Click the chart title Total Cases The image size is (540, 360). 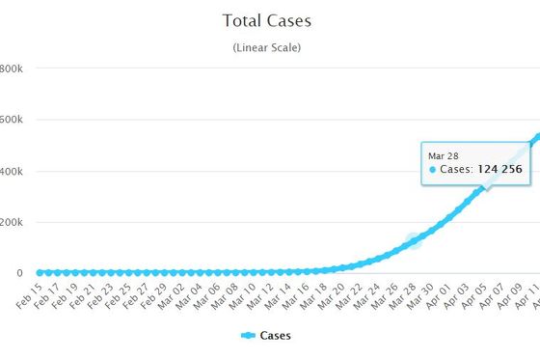pos(267,20)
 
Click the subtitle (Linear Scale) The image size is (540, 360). pos(267,47)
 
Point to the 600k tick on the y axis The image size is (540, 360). pos(12,120)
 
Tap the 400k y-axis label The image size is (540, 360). pos(12,172)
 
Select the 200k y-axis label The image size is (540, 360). pos(12,222)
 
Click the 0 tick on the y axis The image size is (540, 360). pos(19,273)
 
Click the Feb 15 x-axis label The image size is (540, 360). pos(29,296)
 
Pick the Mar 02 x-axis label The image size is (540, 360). pos(172,296)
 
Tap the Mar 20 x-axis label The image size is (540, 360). pos(332,296)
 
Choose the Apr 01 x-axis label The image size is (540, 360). pos(439,296)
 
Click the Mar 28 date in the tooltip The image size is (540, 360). pos(444,156)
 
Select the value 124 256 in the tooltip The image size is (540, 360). pos(500,169)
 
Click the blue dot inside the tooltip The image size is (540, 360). pos(433,170)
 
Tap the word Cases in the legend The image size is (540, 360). pos(276,336)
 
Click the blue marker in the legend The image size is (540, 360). pos(248,335)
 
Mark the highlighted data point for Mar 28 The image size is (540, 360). pos(414,240)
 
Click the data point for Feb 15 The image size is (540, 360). pos(40,273)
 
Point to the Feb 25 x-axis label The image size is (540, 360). pos(118,296)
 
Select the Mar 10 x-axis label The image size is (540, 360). pos(242,296)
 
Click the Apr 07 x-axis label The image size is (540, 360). pos(492,296)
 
